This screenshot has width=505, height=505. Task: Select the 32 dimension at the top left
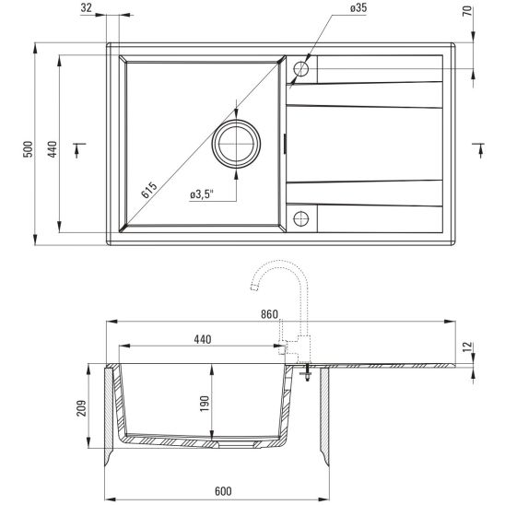click(x=112, y=8)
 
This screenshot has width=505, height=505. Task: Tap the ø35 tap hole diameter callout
click(x=333, y=8)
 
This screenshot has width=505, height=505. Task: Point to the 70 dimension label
click(x=467, y=12)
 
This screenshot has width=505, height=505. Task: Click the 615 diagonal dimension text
click(x=149, y=191)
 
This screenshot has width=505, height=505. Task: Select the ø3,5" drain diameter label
click(x=202, y=194)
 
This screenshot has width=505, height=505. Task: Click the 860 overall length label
click(x=269, y=314)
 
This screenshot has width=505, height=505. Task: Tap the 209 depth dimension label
click(x=82, y=407)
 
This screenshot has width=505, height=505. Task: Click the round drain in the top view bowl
click(x=236, y=145)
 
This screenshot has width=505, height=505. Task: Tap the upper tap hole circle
click(x=300, y=69)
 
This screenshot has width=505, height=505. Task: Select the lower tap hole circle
click(x=300, y=217)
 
